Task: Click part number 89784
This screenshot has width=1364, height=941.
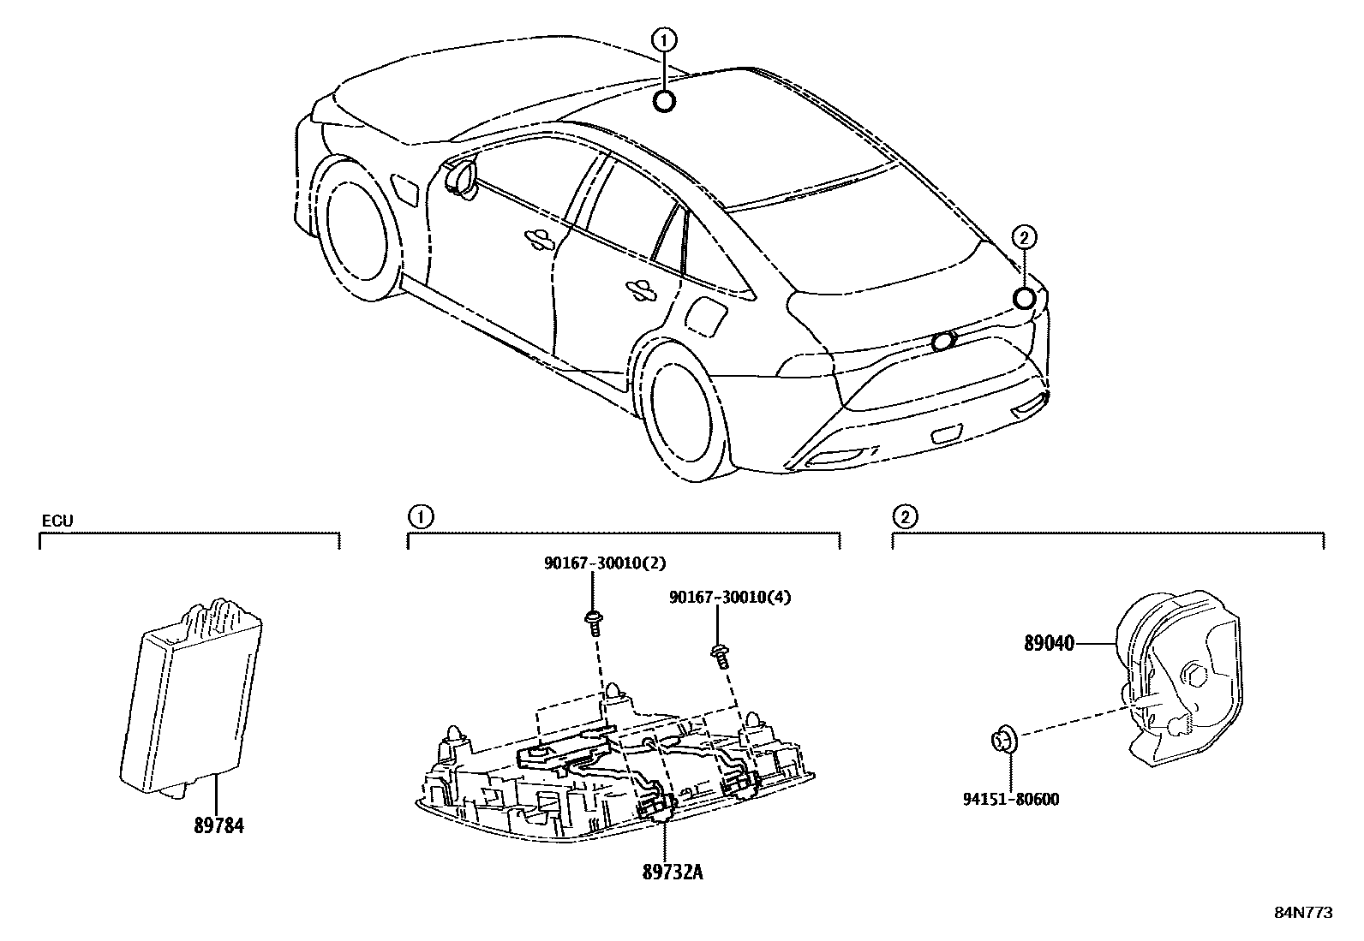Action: point(218,826)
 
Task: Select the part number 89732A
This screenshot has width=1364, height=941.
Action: point(673,872)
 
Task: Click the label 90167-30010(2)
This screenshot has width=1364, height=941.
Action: point(605,563)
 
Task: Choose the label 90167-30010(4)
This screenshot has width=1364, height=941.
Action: point(730,597)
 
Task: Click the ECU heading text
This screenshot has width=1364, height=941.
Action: point(57,520)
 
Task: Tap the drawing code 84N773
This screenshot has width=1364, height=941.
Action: point(1303,913)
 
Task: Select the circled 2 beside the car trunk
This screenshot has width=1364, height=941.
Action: point(1024,237)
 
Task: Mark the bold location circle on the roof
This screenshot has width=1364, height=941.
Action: point(665,102)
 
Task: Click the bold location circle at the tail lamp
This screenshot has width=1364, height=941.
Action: point(1024,298)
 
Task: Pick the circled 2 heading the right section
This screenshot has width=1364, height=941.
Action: point(904,516)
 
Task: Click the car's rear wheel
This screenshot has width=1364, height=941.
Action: point(682,410)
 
